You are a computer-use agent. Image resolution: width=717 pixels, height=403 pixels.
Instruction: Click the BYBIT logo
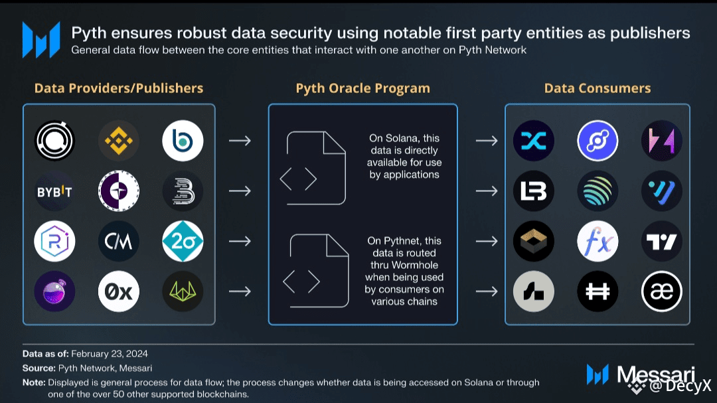coord(54,191)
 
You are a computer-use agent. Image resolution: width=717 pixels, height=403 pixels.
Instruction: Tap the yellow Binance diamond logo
coord(119,141)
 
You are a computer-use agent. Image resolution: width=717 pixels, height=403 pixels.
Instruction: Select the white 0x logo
coord(119,291)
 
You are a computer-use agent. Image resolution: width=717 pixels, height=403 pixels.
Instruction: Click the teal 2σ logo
coord(183,241)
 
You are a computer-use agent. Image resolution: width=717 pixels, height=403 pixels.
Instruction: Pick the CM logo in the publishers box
coord(119,241)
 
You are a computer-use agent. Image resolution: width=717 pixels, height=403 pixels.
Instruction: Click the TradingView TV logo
coord(662,241)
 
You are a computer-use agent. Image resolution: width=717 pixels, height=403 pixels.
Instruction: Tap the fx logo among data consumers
coord(597,241)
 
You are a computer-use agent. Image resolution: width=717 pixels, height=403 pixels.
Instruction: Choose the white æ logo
coord(662,291)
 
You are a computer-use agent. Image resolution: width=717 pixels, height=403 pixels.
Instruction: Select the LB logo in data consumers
coord(534,191)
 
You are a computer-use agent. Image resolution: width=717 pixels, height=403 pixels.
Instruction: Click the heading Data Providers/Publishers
coord(119,88)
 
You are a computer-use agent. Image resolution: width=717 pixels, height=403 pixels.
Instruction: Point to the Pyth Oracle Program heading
coord(362,88)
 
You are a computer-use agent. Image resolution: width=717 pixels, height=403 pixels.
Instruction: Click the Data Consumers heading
coord(597,88)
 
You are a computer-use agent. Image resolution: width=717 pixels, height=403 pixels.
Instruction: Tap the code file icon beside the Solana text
coord(317,168)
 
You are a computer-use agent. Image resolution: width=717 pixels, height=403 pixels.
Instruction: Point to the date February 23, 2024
coord(109,353)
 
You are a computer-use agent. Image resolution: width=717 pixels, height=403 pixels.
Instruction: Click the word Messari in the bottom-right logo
coord(656,374)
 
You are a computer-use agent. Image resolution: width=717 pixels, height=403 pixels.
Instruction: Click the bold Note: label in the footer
coord(33,382)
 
